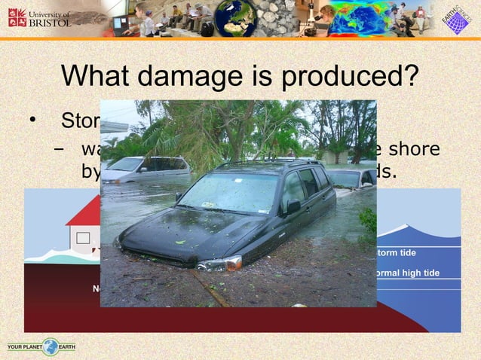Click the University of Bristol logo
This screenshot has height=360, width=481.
(x=39, y=17)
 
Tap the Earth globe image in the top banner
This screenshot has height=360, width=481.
(x=235, y=18)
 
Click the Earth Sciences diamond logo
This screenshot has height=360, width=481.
(x=455, y=20)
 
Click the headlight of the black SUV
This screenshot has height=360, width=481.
(x=219, y=263)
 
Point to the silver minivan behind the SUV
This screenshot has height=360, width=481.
(x=146, y=169)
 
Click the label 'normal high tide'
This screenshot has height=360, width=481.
(x=408, y=273)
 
